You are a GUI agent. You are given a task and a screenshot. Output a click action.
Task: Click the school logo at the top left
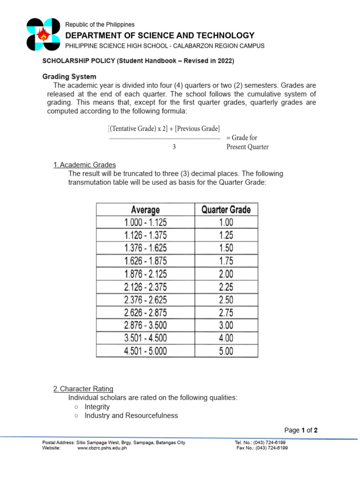pos(44,34)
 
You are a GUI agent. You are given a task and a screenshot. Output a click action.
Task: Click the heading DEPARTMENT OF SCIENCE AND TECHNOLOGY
pos(160,36)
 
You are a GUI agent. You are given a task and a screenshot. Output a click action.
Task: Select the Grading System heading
pos(69,76)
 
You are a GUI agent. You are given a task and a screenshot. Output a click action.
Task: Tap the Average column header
pos(145,210)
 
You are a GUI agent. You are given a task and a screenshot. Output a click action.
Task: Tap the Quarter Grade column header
pos(226,210)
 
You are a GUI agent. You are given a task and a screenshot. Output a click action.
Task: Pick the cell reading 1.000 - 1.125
pos(145,223)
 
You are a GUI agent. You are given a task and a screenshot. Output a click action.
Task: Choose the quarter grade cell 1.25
pos(226,235)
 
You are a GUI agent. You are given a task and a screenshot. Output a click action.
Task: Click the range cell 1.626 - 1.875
pos(145,261)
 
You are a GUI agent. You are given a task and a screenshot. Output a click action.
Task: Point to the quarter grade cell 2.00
pos(226,274)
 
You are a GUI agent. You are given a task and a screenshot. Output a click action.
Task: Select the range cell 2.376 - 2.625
pos(145,299)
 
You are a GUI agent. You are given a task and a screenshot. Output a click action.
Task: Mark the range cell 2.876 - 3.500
pos(145,325)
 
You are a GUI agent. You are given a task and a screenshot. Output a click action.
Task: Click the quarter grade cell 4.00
pos(226,337)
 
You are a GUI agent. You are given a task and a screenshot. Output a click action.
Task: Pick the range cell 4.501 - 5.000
pos(145,351)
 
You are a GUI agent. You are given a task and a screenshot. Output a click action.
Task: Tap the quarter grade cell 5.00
pos(226,351)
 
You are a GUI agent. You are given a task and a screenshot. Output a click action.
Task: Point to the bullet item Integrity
pos(97,406)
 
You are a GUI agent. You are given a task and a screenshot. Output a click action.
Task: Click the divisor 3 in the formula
pos(174,147)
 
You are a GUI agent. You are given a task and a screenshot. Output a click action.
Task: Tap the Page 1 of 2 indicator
pos(301,430)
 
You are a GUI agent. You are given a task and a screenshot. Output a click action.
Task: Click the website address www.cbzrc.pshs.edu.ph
pos(102,448)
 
